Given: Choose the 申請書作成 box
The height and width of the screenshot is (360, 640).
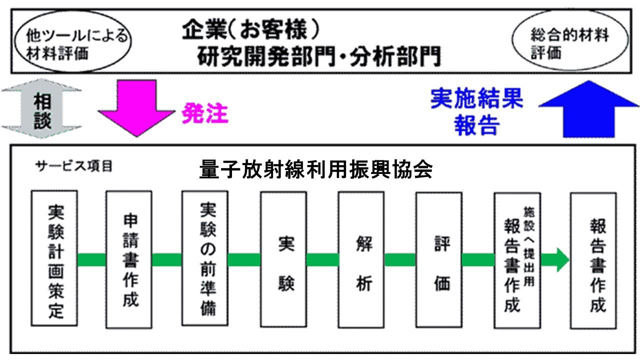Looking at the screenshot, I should point(129,259).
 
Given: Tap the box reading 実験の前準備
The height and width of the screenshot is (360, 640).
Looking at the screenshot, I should point(205,259).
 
